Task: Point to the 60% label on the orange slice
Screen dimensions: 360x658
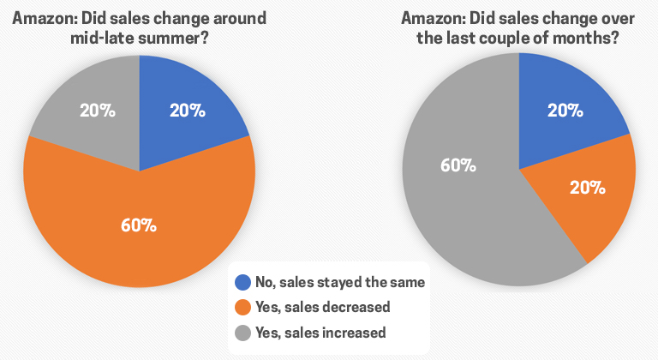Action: click(139, 225)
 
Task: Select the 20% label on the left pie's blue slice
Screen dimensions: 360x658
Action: click(187, 111)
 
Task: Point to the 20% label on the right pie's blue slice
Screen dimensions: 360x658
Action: click(565, 111)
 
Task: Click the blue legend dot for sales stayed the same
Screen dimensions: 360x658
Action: click(243, 281)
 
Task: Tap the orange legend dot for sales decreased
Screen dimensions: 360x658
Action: click(243, 307)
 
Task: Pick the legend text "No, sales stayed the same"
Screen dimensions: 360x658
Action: click(340, 281)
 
